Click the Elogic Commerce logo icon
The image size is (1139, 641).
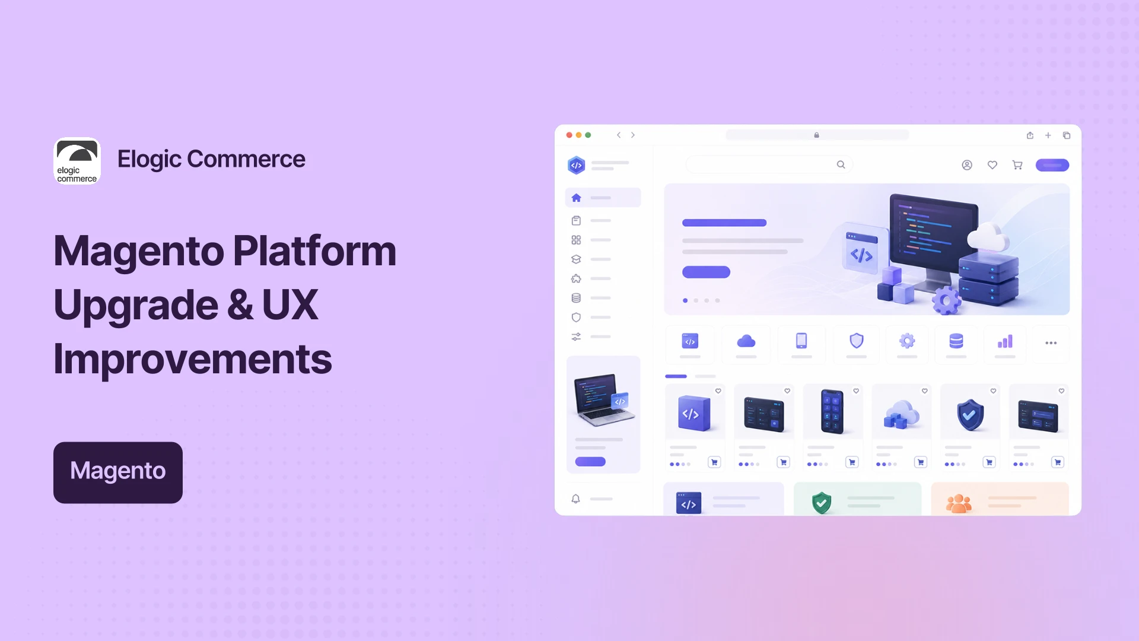click(x=77, y=161)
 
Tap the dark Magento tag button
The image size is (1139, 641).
click(x=118, y=472)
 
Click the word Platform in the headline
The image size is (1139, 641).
click(x=314, y=251)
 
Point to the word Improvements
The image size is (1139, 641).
click(x=193, y=359)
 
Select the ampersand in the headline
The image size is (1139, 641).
click(x=240, y=305)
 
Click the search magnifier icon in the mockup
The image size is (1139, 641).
click(x=841, y=164)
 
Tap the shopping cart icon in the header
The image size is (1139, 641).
click(x=1017, y=165)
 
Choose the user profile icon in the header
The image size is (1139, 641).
click(x=967, y=165)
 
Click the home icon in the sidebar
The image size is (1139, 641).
click(x=576, y=198)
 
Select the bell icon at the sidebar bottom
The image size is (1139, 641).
click(x=575, y=499)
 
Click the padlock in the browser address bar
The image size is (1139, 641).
click(x=817, y=135)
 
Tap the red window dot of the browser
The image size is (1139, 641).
click(x=569, y=135)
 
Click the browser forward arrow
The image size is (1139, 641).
click(x=633, y=135)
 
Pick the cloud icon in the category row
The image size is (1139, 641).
click(x=746, y=341)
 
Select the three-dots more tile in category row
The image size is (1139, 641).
click(x=1051, y=343)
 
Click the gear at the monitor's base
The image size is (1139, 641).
click(x=946, y=300)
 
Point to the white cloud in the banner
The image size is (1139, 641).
click(x=988, y=236)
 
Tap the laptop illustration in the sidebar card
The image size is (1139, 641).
click(x=603, y=399)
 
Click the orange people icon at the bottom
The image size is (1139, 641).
click(x=959, y=504)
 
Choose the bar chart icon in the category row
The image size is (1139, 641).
click(x=1005, y=341)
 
